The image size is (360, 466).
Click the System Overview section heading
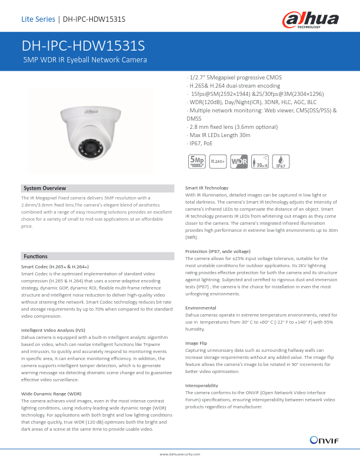(45, 188)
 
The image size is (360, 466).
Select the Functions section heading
(35, 257)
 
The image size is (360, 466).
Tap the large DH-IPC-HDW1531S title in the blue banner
(83, 46)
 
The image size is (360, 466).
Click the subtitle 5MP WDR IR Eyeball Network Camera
(84, 60)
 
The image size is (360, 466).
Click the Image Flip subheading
(196, 342)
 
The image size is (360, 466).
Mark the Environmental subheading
(201, 308)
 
